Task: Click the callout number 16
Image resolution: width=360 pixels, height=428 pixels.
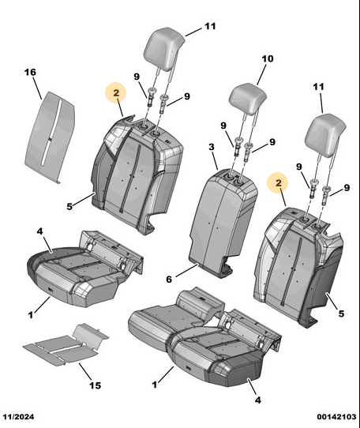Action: click(30, 73)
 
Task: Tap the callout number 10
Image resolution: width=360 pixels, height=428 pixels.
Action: click(267, 58)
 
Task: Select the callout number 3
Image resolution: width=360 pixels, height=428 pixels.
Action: click(212, 147)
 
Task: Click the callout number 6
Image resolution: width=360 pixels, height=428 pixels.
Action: click(169, 280)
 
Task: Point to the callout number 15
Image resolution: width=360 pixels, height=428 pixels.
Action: click(96, 385)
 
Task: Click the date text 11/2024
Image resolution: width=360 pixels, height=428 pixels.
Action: click(19, 417)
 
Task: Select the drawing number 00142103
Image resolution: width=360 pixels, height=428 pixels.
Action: click(336, 417)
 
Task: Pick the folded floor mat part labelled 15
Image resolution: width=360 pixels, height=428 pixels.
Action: click(66, 344)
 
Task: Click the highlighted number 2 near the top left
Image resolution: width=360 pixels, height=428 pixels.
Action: click(116, 93)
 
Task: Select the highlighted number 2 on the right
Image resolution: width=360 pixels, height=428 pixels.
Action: click(278, 182)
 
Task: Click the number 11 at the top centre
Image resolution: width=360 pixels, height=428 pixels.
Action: click(210, 26)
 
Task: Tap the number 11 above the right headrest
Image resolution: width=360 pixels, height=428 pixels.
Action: click(318, 87)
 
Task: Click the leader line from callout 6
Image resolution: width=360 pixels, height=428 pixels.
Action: click(186, 270)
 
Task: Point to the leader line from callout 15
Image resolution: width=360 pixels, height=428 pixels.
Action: click(86, 371)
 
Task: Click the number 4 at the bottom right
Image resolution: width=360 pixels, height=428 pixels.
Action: click(258, 400)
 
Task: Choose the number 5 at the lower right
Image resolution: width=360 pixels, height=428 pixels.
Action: click(341, 313)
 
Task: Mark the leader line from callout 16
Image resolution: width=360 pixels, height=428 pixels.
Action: click(38, 88)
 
